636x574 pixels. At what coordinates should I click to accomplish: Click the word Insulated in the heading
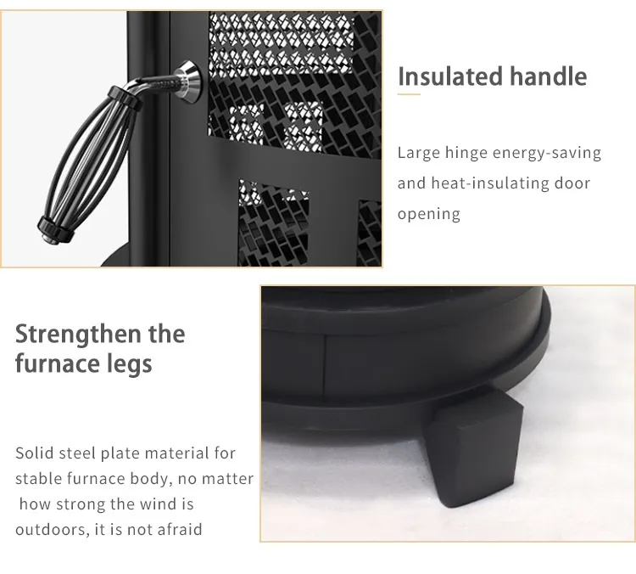pyautogui.click(x=450, y=76)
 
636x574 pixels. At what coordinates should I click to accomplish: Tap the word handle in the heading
pyautogui.click(x=548, y=76)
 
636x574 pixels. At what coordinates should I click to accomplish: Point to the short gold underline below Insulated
pyautogui.click(x=409, y=94)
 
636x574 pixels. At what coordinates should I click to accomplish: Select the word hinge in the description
pyautogui.click(x=466, y=154)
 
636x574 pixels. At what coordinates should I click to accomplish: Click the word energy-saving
pyautogui.click(x=547, y=154)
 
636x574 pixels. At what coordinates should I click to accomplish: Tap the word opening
pyautogui.click(x=429, y=215)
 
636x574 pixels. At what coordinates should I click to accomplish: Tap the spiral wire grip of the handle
pyautogui.click(x=85, y=166)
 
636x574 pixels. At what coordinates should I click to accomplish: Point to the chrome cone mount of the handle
pyautogui.click(x=188, y=82)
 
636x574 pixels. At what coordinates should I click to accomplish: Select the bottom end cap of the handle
pyautogui.click(x=56, y=232)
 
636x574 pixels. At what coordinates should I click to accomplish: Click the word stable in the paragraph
pyautogui.click(x=39, y=479)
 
